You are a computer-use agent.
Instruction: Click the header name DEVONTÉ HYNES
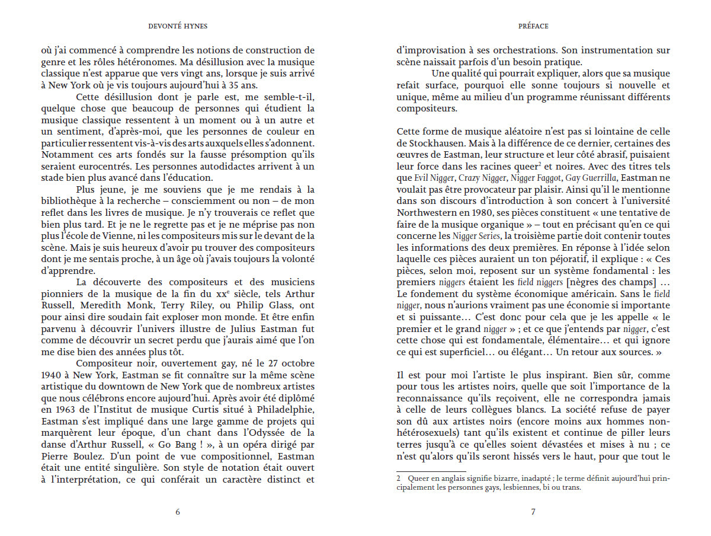pyautogui.click(x=178, y=26)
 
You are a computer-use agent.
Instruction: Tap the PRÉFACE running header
pyautogui.click(x=533, y=26)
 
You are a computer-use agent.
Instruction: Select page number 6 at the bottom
pyautogui.click(x=178, y=512)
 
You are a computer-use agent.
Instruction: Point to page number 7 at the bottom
pyautogui.click(x=533, y=512)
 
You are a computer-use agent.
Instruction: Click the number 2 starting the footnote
pyautogui.click(x=399, y=478)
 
